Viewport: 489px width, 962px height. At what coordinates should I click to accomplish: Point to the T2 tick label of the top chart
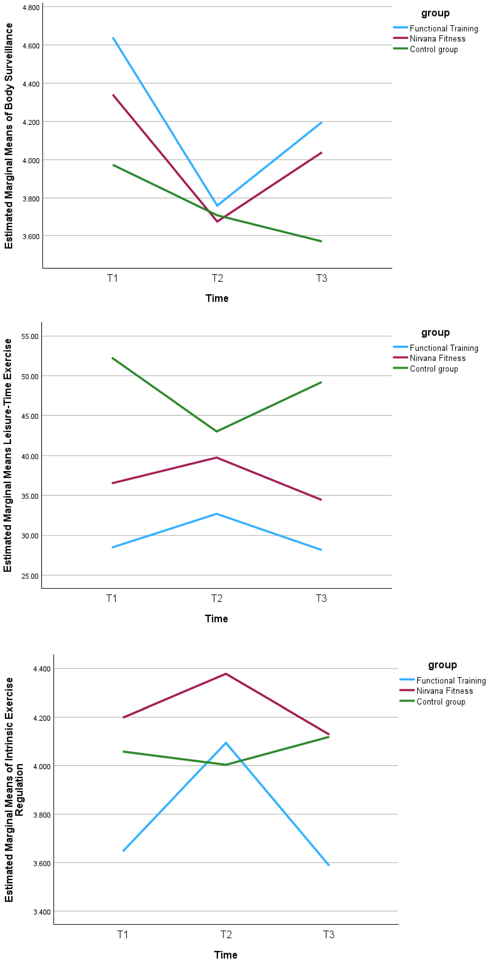coord(217,278)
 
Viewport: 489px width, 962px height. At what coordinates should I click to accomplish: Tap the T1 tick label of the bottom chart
coord(123,934)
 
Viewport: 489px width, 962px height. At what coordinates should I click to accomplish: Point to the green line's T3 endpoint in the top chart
coord(321,241)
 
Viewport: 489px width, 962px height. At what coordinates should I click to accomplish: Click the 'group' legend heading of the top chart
coord(435,13)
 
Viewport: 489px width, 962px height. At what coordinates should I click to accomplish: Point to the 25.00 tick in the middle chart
coord(30,576)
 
